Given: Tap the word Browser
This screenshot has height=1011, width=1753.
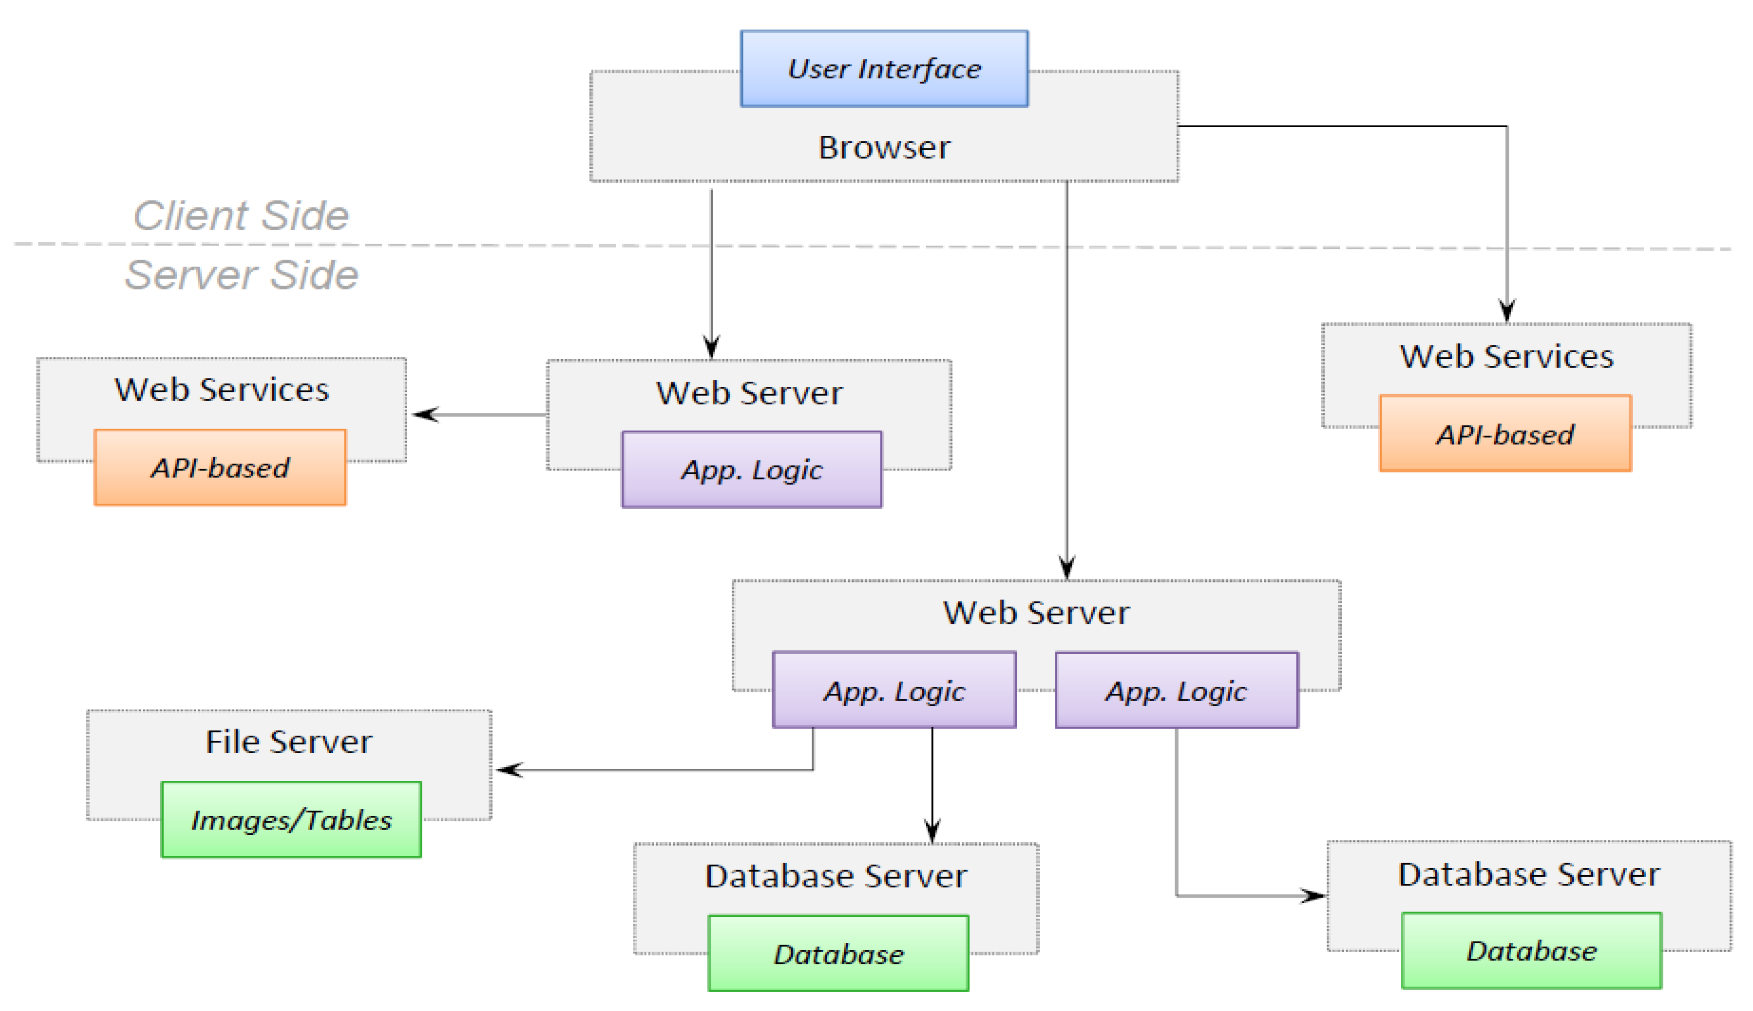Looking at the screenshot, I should (x=884, y=147).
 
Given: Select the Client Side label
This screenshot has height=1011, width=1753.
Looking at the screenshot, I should (x=241, y=215).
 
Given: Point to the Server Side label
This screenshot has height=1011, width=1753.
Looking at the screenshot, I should (x=241, y=274).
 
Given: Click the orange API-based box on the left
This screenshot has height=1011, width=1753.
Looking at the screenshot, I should (x=220, y=467).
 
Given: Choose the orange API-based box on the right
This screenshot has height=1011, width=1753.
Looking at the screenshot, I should (x=1505, y=434).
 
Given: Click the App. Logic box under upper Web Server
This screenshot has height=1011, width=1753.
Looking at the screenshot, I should (x=751, y=470).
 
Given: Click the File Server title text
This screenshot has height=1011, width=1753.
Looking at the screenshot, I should (x=289, y=741).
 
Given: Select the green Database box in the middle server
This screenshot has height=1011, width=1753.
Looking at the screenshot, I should (x=838, y=954).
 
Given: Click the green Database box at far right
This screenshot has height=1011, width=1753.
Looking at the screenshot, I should (x=1531, y=951).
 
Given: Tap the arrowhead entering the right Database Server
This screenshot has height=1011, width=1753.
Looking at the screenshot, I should (x=1314, y=896).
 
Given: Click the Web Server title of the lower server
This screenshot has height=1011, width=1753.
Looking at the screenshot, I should (x=1036, y=612).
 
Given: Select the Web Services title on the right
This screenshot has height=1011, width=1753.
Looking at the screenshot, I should (x=1506, y=356).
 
